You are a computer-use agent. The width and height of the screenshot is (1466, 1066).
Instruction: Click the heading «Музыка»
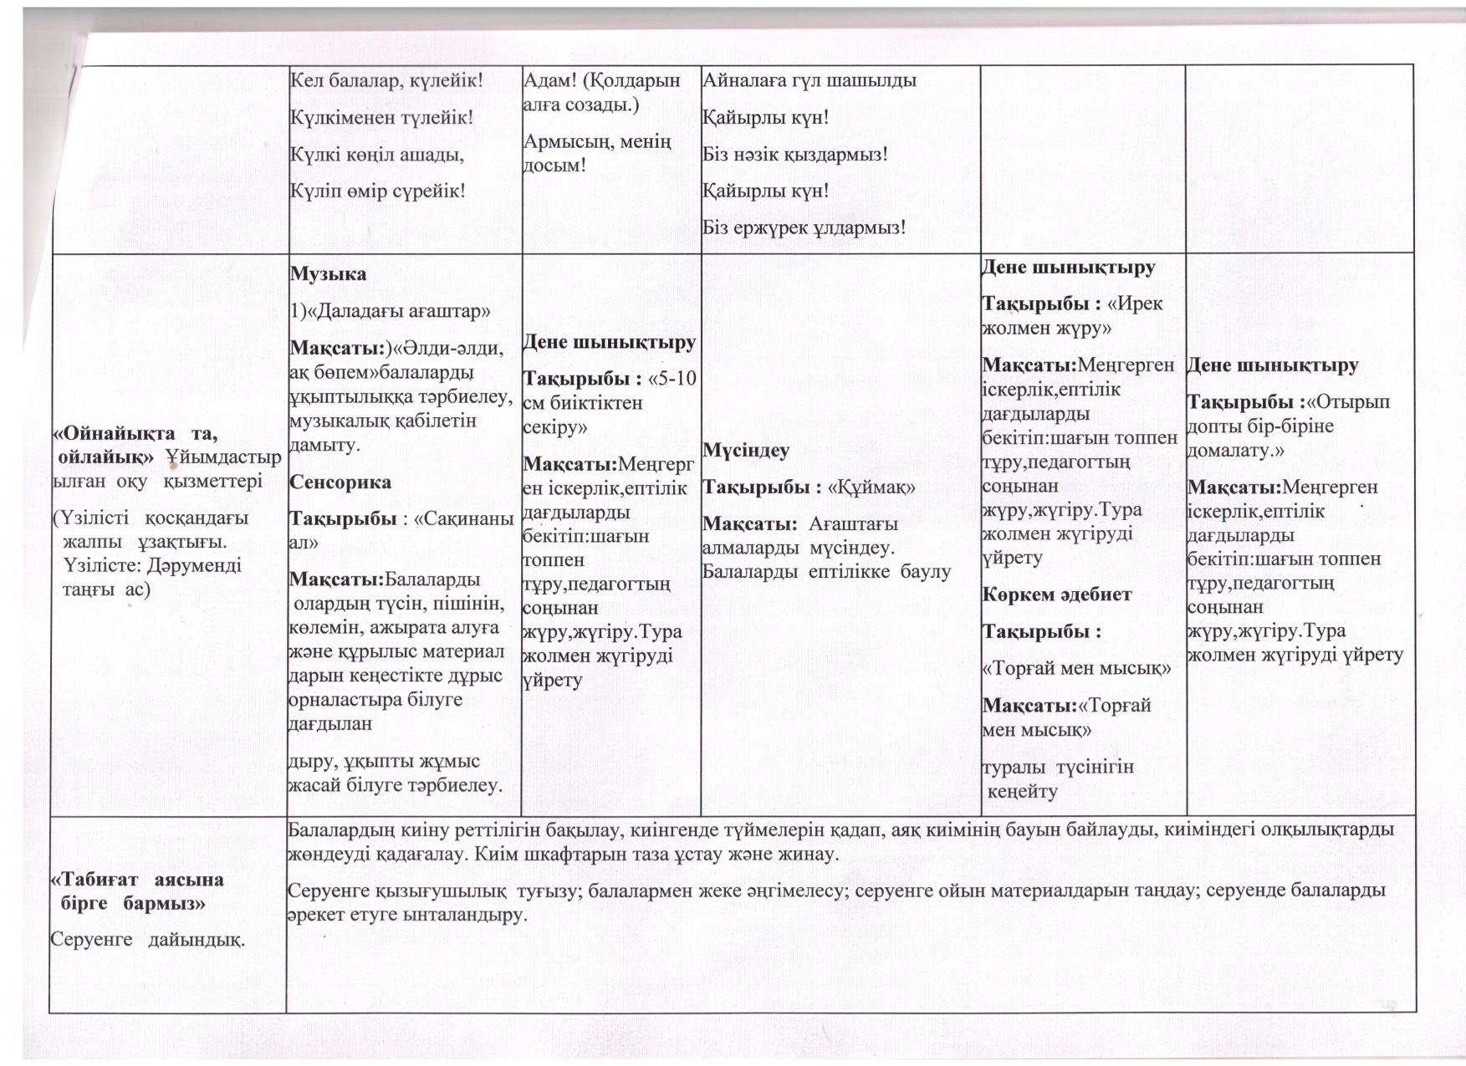coord(328,274)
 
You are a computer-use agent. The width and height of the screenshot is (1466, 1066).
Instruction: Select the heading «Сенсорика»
coord(340,482)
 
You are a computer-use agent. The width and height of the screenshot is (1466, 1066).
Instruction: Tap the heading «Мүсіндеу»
coord(745,451)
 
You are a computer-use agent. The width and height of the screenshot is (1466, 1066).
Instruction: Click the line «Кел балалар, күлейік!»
coord(386,81)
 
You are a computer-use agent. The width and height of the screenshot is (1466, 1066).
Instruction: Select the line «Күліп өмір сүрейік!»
coord(377,191)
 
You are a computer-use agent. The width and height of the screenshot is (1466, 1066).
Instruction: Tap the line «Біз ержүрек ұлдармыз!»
coord(804,227)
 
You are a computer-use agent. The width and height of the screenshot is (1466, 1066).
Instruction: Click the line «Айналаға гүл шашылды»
coord(810,80)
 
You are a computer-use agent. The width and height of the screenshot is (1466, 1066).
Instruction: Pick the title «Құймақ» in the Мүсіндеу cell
coord(871,487)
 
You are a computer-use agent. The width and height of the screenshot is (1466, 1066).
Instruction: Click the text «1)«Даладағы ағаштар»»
coord(390,311)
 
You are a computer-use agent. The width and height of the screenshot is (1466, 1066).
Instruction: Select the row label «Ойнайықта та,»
coord(135,433)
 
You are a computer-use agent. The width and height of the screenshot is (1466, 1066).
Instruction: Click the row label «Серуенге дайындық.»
coord(147,940)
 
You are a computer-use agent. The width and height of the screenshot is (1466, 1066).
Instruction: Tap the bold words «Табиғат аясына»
coord(137,880)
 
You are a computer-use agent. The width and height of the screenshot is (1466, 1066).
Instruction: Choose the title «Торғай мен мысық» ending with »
coord(1076,668)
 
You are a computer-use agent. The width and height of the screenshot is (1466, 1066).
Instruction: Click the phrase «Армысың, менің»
coord(597,141)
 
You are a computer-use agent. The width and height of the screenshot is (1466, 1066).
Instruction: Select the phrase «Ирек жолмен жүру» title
coord(1070,315)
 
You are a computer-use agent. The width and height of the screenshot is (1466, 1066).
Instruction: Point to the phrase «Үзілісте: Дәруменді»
coord(151,565)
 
